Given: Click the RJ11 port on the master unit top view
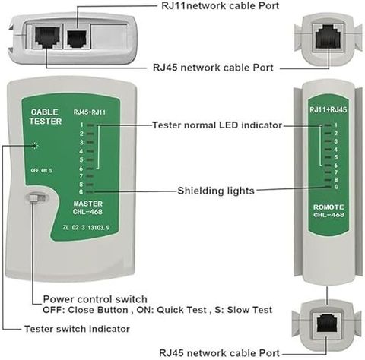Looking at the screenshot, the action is [x=78, y=39].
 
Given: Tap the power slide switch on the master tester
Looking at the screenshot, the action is [x=36, y=197].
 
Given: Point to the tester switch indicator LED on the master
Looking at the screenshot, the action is [x=35, y=145].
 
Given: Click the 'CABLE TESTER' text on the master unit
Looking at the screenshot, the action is [x=45, y=117].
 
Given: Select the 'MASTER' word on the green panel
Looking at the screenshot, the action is [x=88, y=204].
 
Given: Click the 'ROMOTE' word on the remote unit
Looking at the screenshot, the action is [x=328, y=207].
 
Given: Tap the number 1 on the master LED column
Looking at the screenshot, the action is [x=81, y=125].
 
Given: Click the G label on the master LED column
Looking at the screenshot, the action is [x=81, y=192].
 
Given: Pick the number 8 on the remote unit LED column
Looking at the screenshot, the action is [x=336, y=180].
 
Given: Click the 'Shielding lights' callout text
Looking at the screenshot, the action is [x=216, y=191].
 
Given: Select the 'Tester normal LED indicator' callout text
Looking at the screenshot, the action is [x=217, y=125].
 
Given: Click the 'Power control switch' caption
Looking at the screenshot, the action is [x=95, y=299].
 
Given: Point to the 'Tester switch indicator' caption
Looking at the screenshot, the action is [x=77, y=329].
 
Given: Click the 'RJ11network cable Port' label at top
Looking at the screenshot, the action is [x=220, y=5].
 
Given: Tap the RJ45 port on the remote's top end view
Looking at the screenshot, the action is [x=328, y=36].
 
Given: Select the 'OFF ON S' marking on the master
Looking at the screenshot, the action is [x=41, y=170].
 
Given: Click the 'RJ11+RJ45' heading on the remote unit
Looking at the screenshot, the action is [x=328, y=109].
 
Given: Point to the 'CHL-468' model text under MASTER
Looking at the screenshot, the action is [x=87, y=212].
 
